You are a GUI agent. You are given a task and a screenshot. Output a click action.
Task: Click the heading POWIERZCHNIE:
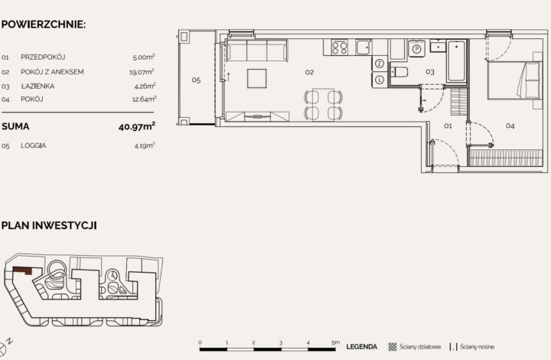tap(44, 25)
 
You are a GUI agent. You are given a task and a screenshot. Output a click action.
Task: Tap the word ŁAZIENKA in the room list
tap(37, 86)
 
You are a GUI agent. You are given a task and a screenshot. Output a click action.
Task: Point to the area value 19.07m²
tap(142, 72)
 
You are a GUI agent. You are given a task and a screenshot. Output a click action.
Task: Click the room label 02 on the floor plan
tap(310, 73)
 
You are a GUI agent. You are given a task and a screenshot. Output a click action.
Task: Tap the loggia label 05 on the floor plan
tap(196, 80)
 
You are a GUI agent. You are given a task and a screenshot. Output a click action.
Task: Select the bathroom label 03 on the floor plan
tap(430, 72)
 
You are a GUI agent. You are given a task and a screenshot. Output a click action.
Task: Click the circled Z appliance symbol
tap(379, 64)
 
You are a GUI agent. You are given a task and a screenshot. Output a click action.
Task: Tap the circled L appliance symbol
tap(379, 79)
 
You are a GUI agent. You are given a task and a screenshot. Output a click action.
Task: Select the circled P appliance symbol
tap(416, 49)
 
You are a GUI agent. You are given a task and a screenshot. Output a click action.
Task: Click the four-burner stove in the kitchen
tap(339, 47)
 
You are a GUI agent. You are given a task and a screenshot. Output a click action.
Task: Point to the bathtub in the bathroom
tap(456, 61)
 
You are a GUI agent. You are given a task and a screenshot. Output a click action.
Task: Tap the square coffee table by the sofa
tap(256, 79)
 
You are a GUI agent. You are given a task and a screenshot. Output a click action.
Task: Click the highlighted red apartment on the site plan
tap(22, 270)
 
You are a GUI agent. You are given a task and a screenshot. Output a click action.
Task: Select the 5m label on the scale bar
tap(335, 342)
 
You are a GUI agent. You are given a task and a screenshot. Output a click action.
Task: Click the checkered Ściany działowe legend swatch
tap(393, 347)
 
